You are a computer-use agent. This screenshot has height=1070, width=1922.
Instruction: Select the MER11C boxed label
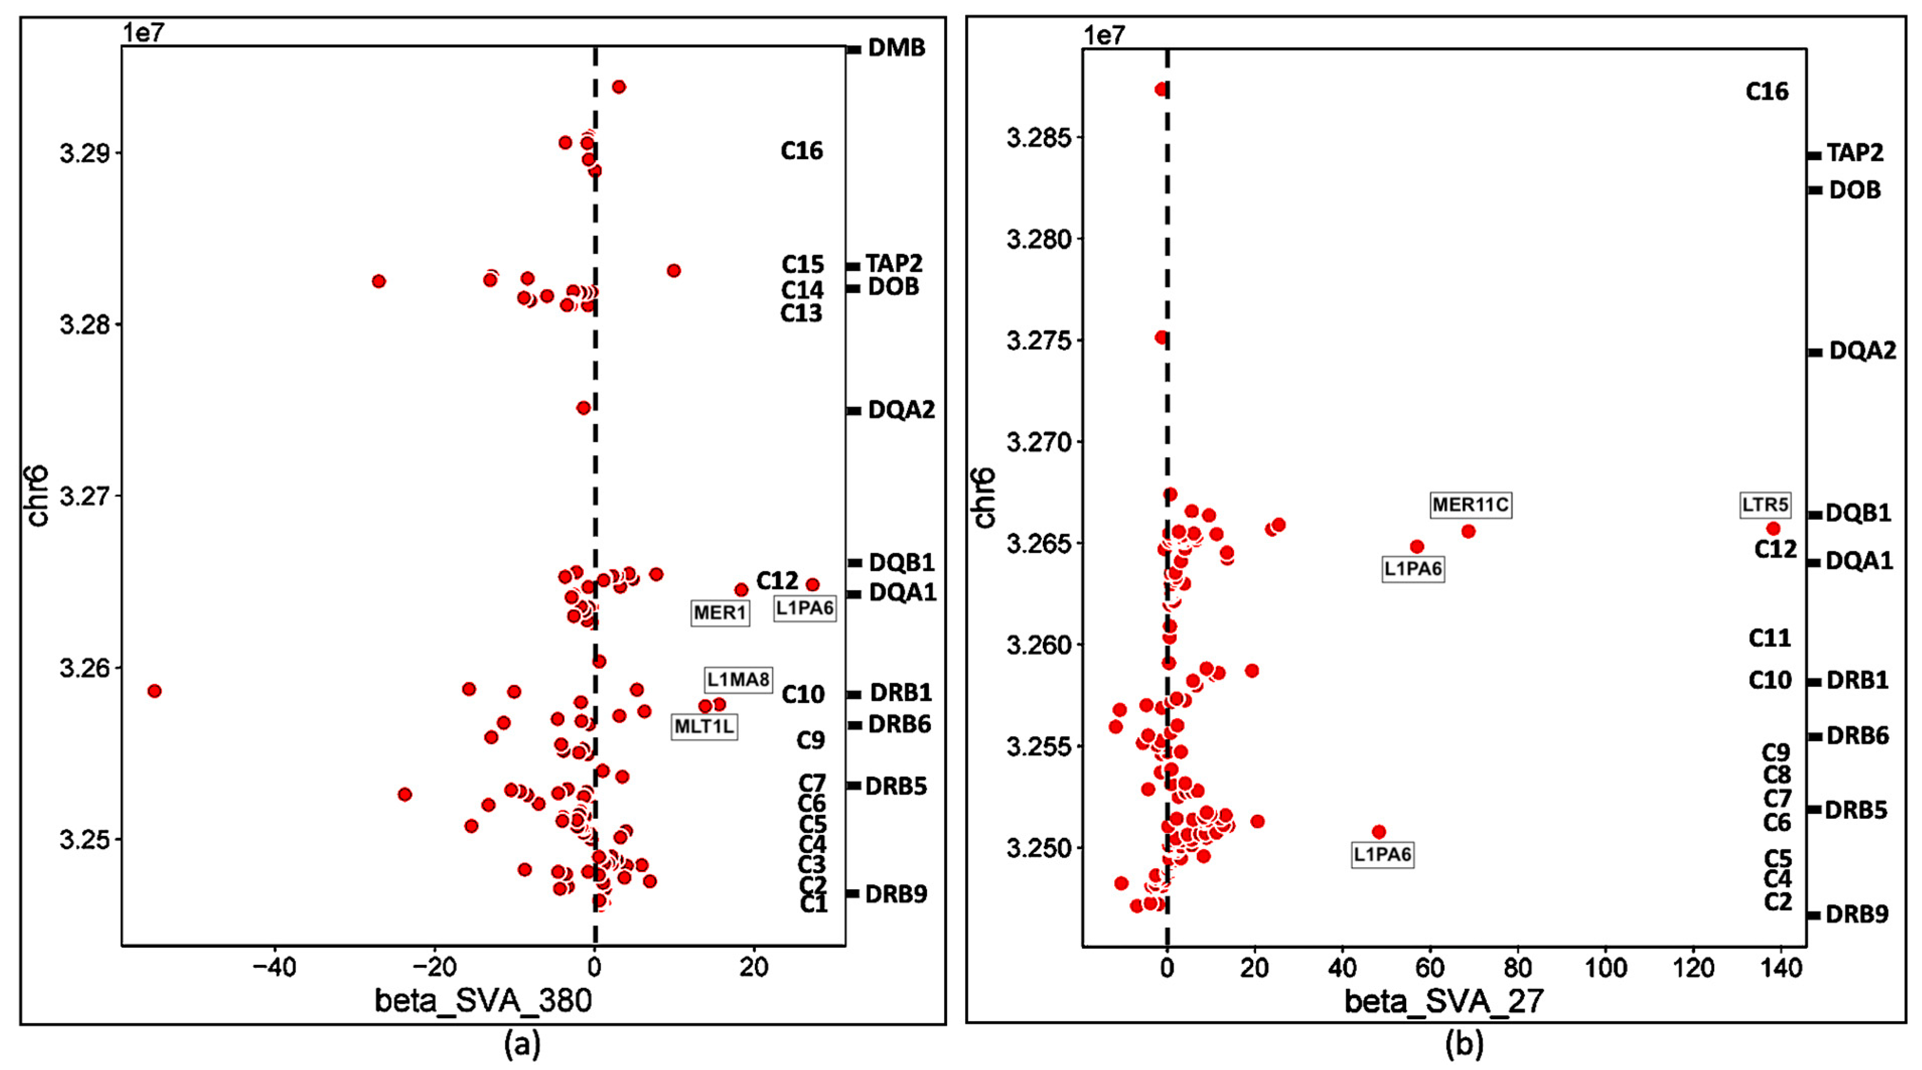click(x=1470, y=505)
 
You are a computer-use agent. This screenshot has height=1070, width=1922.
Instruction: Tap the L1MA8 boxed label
click(x=737, y=680)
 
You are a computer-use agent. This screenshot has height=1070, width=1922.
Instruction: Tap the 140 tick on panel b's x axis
click(x=1780, y=968)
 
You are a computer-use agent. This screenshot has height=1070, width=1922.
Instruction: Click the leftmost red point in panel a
click(x=155, y=691)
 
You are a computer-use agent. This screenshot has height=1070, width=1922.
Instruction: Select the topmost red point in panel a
click(x=619, y=87)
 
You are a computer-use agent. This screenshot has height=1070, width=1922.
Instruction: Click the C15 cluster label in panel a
click(x=802, y=265)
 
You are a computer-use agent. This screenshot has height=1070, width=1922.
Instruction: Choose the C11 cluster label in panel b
click(x=1769, y=639)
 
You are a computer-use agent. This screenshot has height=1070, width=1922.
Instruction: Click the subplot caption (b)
click(x=1464, y=1045)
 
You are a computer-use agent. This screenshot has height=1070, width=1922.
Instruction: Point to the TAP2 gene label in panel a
click(x=893, y=263)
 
